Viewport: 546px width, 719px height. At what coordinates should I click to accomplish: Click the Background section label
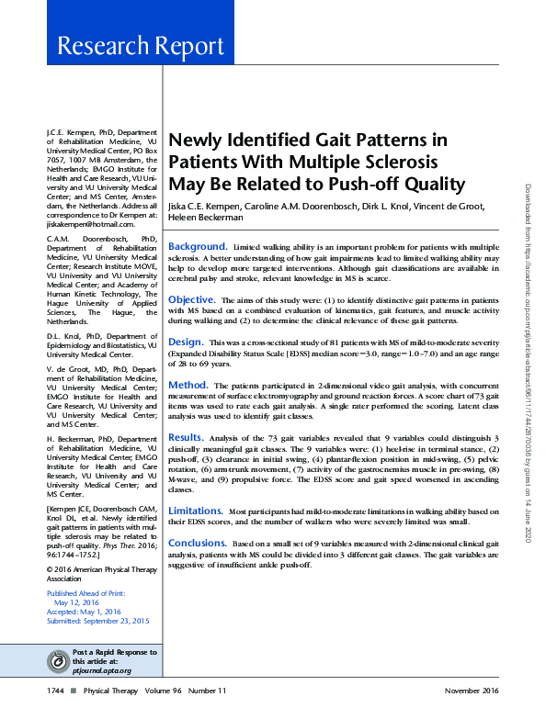(x=197, y=247)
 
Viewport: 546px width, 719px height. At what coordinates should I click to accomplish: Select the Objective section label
(x=192, y=299)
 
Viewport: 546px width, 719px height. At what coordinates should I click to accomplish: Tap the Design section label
(x=186, y=341)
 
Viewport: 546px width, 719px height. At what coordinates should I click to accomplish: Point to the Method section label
(x=188, y=384)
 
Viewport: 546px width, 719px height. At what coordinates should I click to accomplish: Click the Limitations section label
(x=196, y=510)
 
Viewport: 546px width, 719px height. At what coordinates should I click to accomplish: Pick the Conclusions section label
(x=198, y=543)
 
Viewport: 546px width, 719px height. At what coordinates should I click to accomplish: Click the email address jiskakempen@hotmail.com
(x=84, y=224)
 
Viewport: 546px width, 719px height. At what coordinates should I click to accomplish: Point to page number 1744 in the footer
(x=55, y=690)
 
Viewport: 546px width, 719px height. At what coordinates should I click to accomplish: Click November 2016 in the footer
(x=472, y=690)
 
